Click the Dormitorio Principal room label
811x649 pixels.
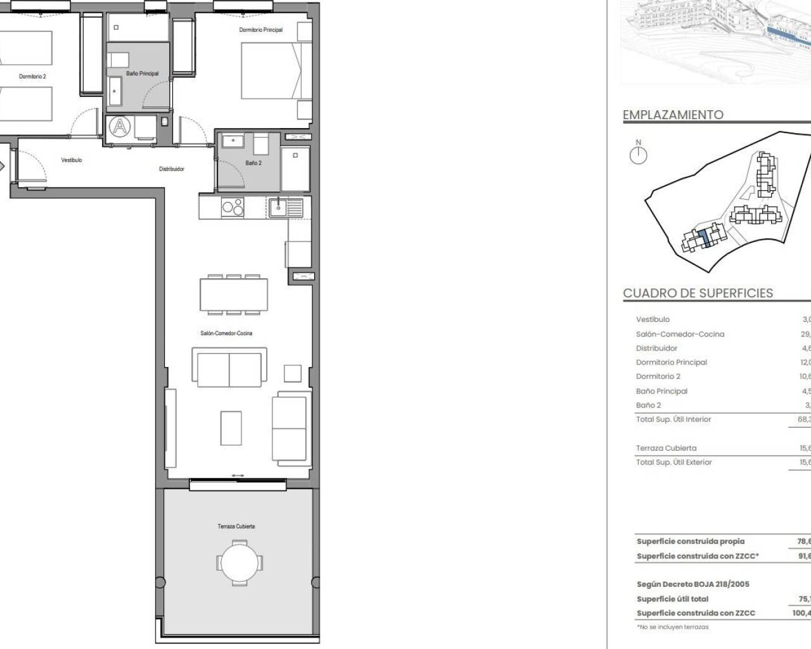click(260, 30)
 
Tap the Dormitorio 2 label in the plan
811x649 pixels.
click(32, 76)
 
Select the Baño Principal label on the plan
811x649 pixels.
click(143, 74)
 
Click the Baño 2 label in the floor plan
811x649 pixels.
click(253, 163)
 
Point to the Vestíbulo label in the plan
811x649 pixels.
click(72, 160)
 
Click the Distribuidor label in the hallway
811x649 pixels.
click(172, 169)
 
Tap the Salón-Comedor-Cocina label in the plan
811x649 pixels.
click(226, 333)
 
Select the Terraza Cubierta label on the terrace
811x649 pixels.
click(236, 526)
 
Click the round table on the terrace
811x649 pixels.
click(239, 562)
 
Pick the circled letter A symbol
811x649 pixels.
click(119, 127)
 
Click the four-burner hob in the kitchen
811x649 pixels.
click(233, 207)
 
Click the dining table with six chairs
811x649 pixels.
click(234, 294)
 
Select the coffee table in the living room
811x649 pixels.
click(231, 428)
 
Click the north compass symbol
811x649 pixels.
click(638, 155)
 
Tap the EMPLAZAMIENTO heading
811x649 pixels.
click(673, 115)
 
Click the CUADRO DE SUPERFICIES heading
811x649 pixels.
click(698, 293)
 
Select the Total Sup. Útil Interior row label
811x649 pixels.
click(674, 419)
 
